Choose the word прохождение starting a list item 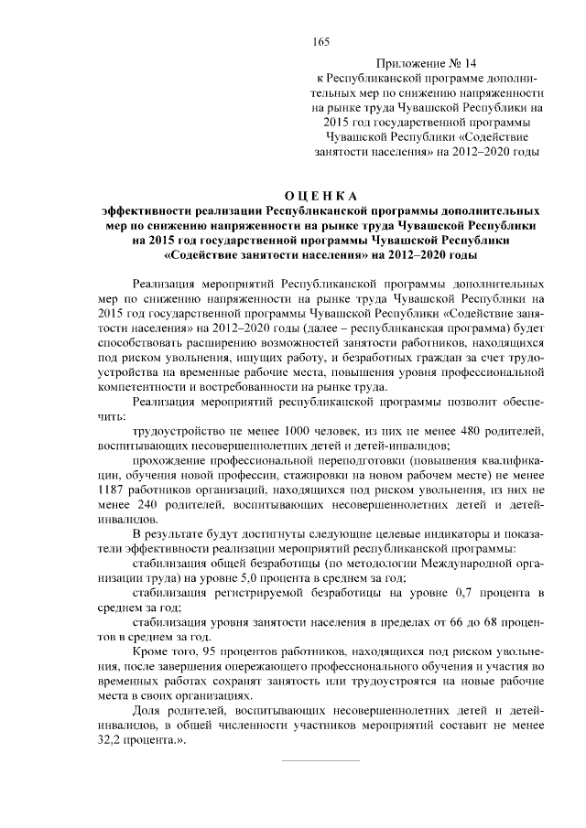[170, 460]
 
